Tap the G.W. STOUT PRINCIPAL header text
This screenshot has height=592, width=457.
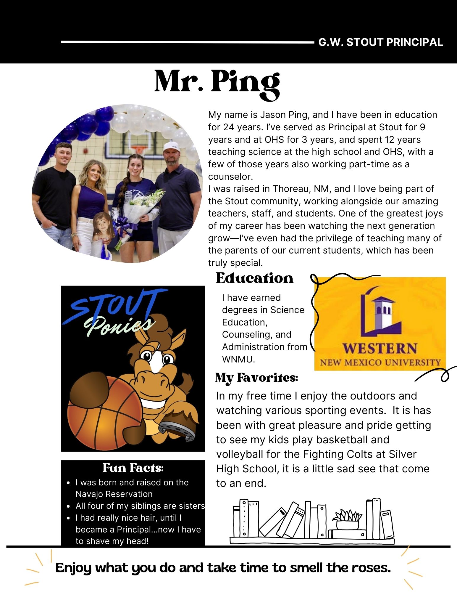click(x=380, y=42)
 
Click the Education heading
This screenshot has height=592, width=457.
click(x=254, y=278)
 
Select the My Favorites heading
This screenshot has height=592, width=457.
click(x=256, y=378)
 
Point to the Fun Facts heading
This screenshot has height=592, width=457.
click(x=133, y=468)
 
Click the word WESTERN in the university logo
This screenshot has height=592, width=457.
click(x=380, y=348)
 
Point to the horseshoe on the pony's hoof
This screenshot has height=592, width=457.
click(x=177, y=430)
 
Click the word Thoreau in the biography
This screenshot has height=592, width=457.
click(x=291, y=189)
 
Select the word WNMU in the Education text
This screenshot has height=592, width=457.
click(x=238, y=359)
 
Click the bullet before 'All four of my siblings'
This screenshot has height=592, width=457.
click(x=69, y=506)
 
